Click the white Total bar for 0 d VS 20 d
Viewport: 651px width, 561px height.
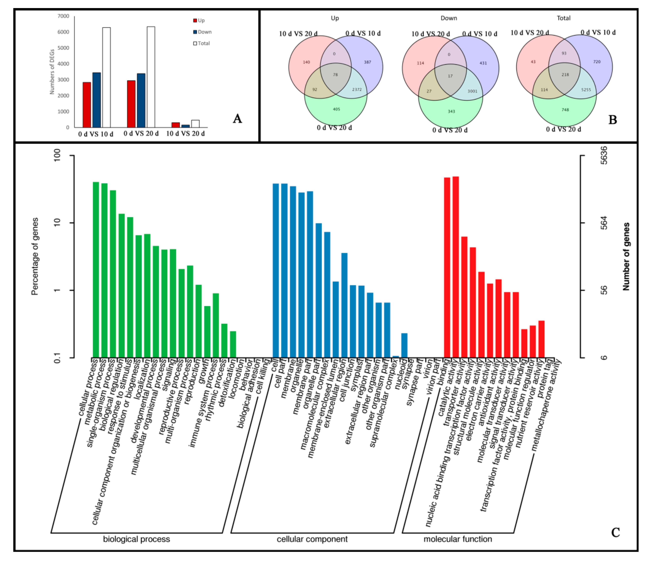151,77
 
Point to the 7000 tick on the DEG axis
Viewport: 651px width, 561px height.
63,16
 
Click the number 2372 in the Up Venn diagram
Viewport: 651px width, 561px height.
357,90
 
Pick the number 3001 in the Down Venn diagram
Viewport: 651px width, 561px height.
472,91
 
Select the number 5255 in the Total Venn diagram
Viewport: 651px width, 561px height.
586,90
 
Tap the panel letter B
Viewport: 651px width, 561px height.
613,120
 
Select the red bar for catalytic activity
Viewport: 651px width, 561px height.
456,267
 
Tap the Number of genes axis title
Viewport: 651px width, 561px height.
626,256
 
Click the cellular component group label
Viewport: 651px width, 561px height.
312,539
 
